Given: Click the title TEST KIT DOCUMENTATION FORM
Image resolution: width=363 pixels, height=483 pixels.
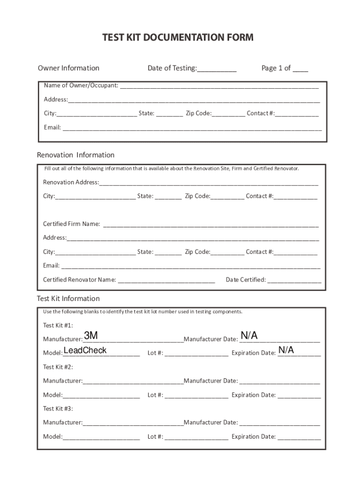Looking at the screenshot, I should pos(178,38).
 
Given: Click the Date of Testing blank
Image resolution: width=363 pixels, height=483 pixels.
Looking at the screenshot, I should pos(216,69).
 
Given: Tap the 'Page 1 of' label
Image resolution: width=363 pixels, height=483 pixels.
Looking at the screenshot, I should pos(276,68).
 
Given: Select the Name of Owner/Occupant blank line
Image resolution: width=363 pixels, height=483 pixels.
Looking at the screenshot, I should pos(219,86).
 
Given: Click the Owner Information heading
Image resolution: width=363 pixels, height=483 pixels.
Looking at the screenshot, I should pos(68,68).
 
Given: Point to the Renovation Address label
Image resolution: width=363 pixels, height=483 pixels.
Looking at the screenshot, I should pos(71,183).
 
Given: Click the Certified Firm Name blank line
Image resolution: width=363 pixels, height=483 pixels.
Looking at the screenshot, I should pos(211,224).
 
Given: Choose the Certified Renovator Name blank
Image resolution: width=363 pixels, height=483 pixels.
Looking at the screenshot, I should pos(166,280).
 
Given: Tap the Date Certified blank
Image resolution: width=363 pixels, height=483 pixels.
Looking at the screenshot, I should pos(294,280).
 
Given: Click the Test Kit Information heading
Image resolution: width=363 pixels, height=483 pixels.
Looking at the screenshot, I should pos(68,299).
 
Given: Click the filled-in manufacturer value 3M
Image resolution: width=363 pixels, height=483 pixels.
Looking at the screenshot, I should pos(91,336).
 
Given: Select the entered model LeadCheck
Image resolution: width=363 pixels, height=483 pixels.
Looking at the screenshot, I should pos(85,350).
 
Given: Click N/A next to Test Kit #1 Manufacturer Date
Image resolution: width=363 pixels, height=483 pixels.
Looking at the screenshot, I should pos(249,336).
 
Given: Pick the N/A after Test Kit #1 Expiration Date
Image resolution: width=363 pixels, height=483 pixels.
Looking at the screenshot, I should pos(286,350).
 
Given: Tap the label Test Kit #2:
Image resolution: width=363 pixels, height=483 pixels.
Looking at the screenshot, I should pos(58,367).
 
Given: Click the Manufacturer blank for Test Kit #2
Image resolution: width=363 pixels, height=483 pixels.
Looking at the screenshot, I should pos(133,382).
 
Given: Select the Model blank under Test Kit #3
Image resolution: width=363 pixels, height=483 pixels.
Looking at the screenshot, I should pos(101,437).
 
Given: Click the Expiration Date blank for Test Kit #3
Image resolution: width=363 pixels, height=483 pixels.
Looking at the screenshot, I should pos(299,437).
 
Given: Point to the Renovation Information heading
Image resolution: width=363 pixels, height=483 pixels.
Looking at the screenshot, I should pos(75,155).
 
